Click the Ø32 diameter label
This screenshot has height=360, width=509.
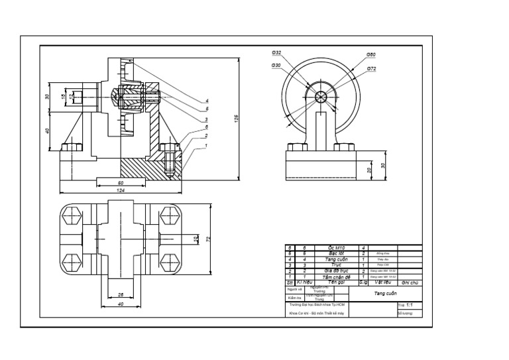coord(276,52)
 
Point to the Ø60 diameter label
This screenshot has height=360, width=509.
coord(371,54)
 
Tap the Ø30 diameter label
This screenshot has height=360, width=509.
coord(276,65)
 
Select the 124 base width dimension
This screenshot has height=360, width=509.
coord(121,190)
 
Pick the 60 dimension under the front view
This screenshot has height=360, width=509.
coord(121,182)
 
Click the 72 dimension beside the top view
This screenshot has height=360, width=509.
coord(207,238)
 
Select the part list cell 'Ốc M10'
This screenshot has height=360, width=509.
coord(338,247)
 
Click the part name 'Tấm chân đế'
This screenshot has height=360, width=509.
coord(338,276)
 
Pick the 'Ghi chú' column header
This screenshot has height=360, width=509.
coord(409,282)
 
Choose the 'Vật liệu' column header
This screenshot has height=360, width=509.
coord(382,282)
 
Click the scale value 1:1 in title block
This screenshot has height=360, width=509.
coord(410,305)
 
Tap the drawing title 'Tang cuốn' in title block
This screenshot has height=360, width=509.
coord(384,292)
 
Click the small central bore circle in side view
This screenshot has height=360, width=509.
coord(322,97)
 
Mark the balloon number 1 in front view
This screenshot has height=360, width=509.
coord(206,145)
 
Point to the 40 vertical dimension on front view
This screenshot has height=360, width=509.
coord(48,131)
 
